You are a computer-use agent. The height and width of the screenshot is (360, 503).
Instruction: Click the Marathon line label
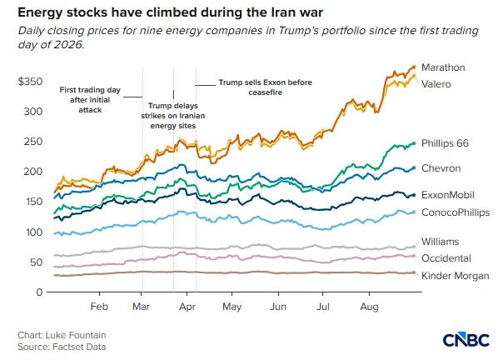(x=443, y=67)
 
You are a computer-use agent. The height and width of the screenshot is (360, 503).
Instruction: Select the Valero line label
(x=436, y=84)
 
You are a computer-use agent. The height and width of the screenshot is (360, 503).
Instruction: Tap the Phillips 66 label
(x=445, y=143)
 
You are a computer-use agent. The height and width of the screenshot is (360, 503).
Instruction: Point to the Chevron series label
(x=441, y=168)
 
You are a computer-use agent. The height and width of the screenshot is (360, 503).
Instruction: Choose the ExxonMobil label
(x=447, y=195)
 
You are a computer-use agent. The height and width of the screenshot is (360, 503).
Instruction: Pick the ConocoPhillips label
(x=456, y=212)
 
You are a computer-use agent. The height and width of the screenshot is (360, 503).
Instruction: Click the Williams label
(x=440, y=242)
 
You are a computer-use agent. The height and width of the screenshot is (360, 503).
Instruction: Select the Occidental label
(x=446, y=258)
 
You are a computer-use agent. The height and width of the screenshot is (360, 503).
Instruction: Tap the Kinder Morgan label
(x=455, y=276)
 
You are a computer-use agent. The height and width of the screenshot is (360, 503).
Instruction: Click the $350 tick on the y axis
(x=30, y=82)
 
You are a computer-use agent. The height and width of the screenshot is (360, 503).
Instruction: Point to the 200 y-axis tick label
(x=32, y=172)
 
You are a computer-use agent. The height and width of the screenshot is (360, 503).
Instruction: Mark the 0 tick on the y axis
(x=39, y=292)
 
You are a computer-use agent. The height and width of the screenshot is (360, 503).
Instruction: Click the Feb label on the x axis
(x=99, y=307)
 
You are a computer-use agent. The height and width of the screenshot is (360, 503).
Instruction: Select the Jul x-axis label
(x=323, y=307)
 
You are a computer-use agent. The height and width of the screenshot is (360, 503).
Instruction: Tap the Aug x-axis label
(x=369, y=307)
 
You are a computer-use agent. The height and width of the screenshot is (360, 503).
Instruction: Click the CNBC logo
(x=466, y=340)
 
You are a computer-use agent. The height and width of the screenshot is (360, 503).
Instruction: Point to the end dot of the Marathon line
(x=414, y=67)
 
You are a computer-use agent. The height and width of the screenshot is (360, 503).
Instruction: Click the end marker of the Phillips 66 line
(x=414, y=143)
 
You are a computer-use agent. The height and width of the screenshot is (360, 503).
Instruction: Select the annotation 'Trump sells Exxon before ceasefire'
(x=266, y=87)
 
